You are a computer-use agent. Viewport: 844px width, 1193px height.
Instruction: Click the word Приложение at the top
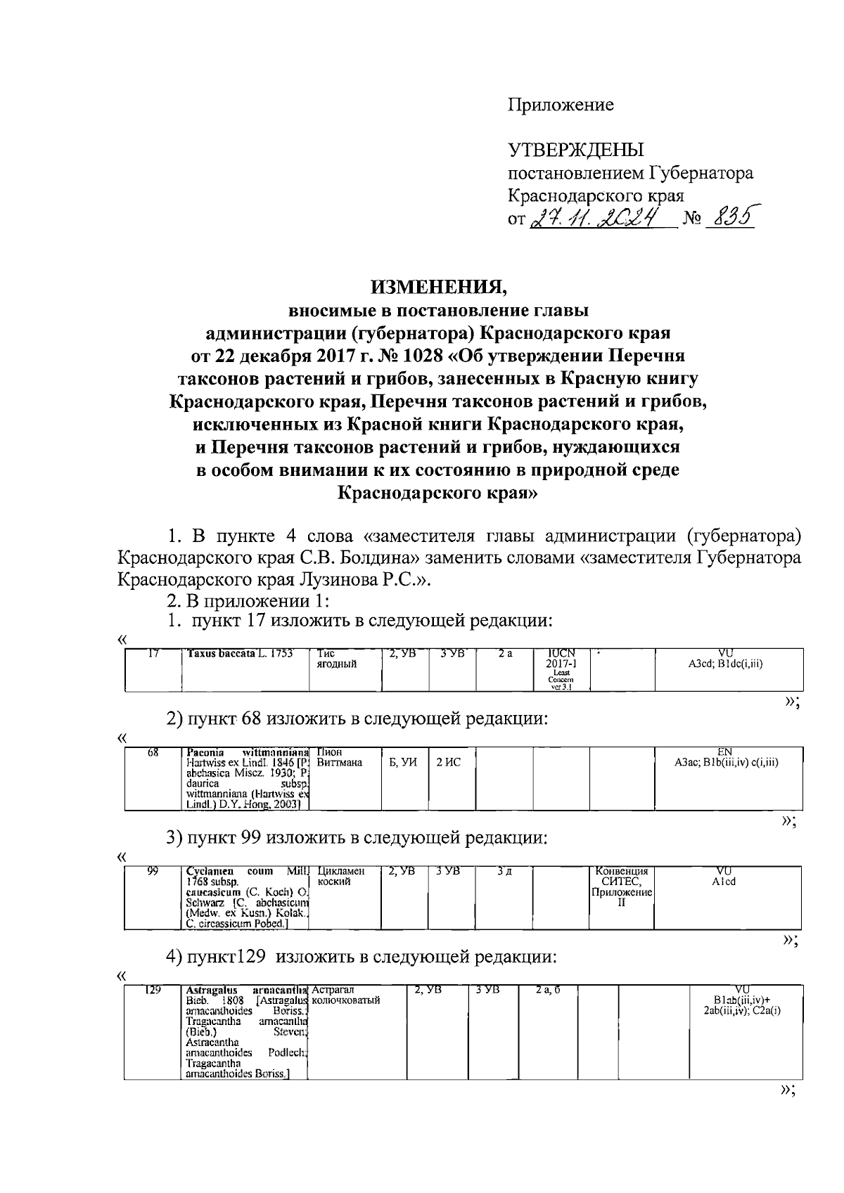pos(561,105)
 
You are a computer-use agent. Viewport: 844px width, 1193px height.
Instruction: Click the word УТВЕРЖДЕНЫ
pos(576,150)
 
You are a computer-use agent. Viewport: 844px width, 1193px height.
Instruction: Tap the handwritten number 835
pos(729,217)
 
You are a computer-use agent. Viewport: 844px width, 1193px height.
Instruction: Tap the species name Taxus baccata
pos(219,654)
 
